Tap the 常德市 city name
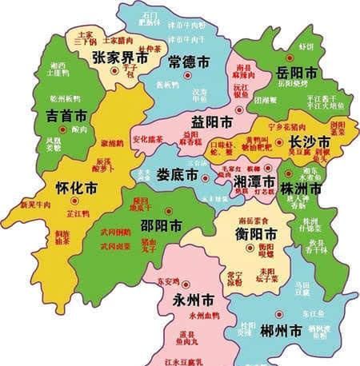click(x=190, y=62)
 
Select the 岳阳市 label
click(x=293, y=72)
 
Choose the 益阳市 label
click(x=212, y=122)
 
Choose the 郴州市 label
click(x=284, y=330)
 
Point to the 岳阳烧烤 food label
click(x=293, y=83)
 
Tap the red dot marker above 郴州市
click(x=279, y=314)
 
